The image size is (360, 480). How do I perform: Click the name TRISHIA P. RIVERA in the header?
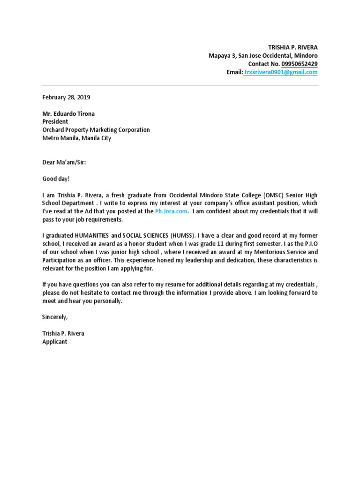coord(292,47)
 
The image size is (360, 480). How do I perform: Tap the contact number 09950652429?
coord(300,64)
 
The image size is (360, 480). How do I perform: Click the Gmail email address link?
coord(281,72)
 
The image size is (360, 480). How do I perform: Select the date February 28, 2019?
coord(66,97)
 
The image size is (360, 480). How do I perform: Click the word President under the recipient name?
coord(55,121)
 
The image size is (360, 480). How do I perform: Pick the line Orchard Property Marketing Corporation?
coord(96,130)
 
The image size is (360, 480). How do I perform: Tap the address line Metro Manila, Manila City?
coord(77,138)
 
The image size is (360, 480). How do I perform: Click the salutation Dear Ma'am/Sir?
coord(64,162)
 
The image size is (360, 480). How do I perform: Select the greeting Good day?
coord(56,179)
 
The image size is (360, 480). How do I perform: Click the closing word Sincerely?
coord(55,317)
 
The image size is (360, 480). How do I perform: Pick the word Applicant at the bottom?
coord(55,342)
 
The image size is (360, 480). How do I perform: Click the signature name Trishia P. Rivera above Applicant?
coord(63,333)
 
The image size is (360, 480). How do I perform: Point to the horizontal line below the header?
coord(180,85)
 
